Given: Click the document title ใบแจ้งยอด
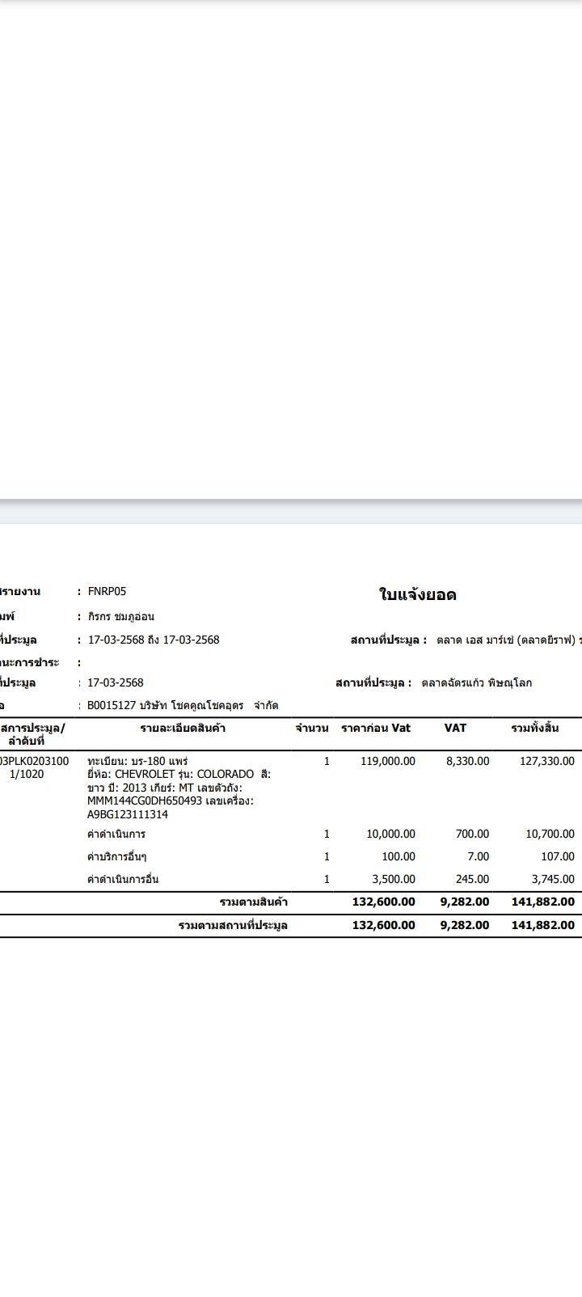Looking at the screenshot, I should [417, 595].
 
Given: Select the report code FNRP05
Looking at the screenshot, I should [107, 591].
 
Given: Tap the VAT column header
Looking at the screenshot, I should [455, 728].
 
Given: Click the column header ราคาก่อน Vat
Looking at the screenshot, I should [376, 728].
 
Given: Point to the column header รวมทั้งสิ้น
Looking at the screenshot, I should [534, 728].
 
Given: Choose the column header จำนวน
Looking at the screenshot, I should [311, 729].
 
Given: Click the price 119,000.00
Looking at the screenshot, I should [387, 761].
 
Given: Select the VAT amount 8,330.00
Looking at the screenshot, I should [467, 761].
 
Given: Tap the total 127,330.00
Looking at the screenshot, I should [547, 761].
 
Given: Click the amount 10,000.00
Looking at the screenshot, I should [390, 834].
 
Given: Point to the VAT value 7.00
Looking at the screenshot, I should [478, 856].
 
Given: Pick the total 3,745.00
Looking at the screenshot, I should [553, 879].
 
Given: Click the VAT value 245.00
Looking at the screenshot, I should [472, 879].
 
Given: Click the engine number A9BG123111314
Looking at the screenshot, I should [128, 814].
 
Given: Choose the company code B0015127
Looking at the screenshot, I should [112, 705].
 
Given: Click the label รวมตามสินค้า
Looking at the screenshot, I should [254, 902].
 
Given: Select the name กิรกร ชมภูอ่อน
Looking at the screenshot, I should [121, 616].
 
